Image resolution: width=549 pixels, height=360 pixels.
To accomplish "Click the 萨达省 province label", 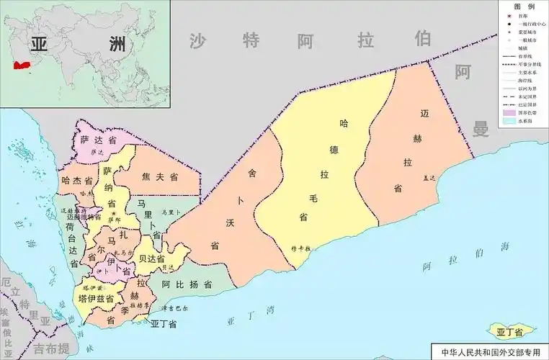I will coord(99,140).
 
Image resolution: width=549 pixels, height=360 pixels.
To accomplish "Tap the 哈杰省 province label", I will coord(77,181).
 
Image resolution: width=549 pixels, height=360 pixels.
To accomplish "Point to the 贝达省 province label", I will coord(152,258).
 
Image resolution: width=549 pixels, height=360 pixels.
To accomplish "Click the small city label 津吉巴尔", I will coord(175,307).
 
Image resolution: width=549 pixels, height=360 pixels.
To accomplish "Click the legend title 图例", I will coord(525,6).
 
